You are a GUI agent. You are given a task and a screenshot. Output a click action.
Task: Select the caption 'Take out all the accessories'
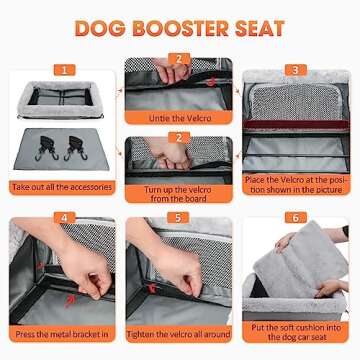[x=62, y=186]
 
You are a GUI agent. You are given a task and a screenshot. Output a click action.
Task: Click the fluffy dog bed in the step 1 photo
[x=62, y=100]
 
